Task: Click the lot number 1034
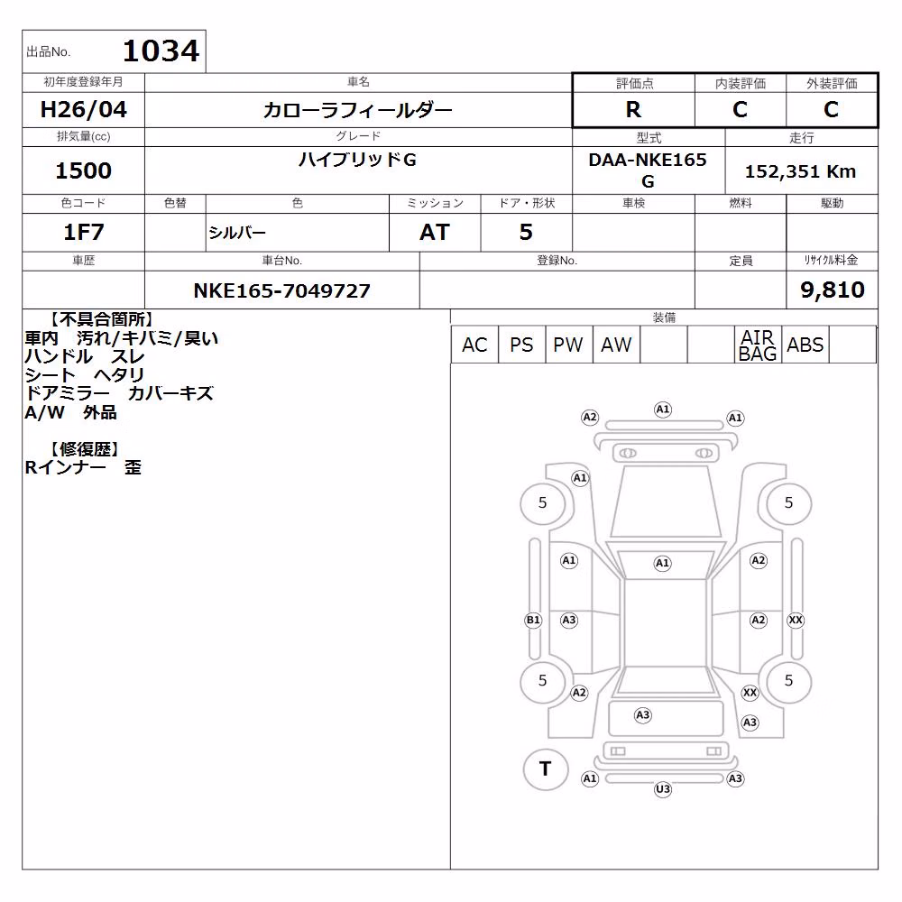[161, 51]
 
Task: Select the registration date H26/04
[83, 109]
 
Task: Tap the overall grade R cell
[633, 109]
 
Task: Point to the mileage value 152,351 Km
[800, 171]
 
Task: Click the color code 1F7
[83, 232]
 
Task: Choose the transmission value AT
[435, 232]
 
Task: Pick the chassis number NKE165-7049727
[281, 290]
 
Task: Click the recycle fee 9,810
[833, 290]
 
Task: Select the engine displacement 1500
[83, 170]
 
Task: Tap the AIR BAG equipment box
[758, 345]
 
